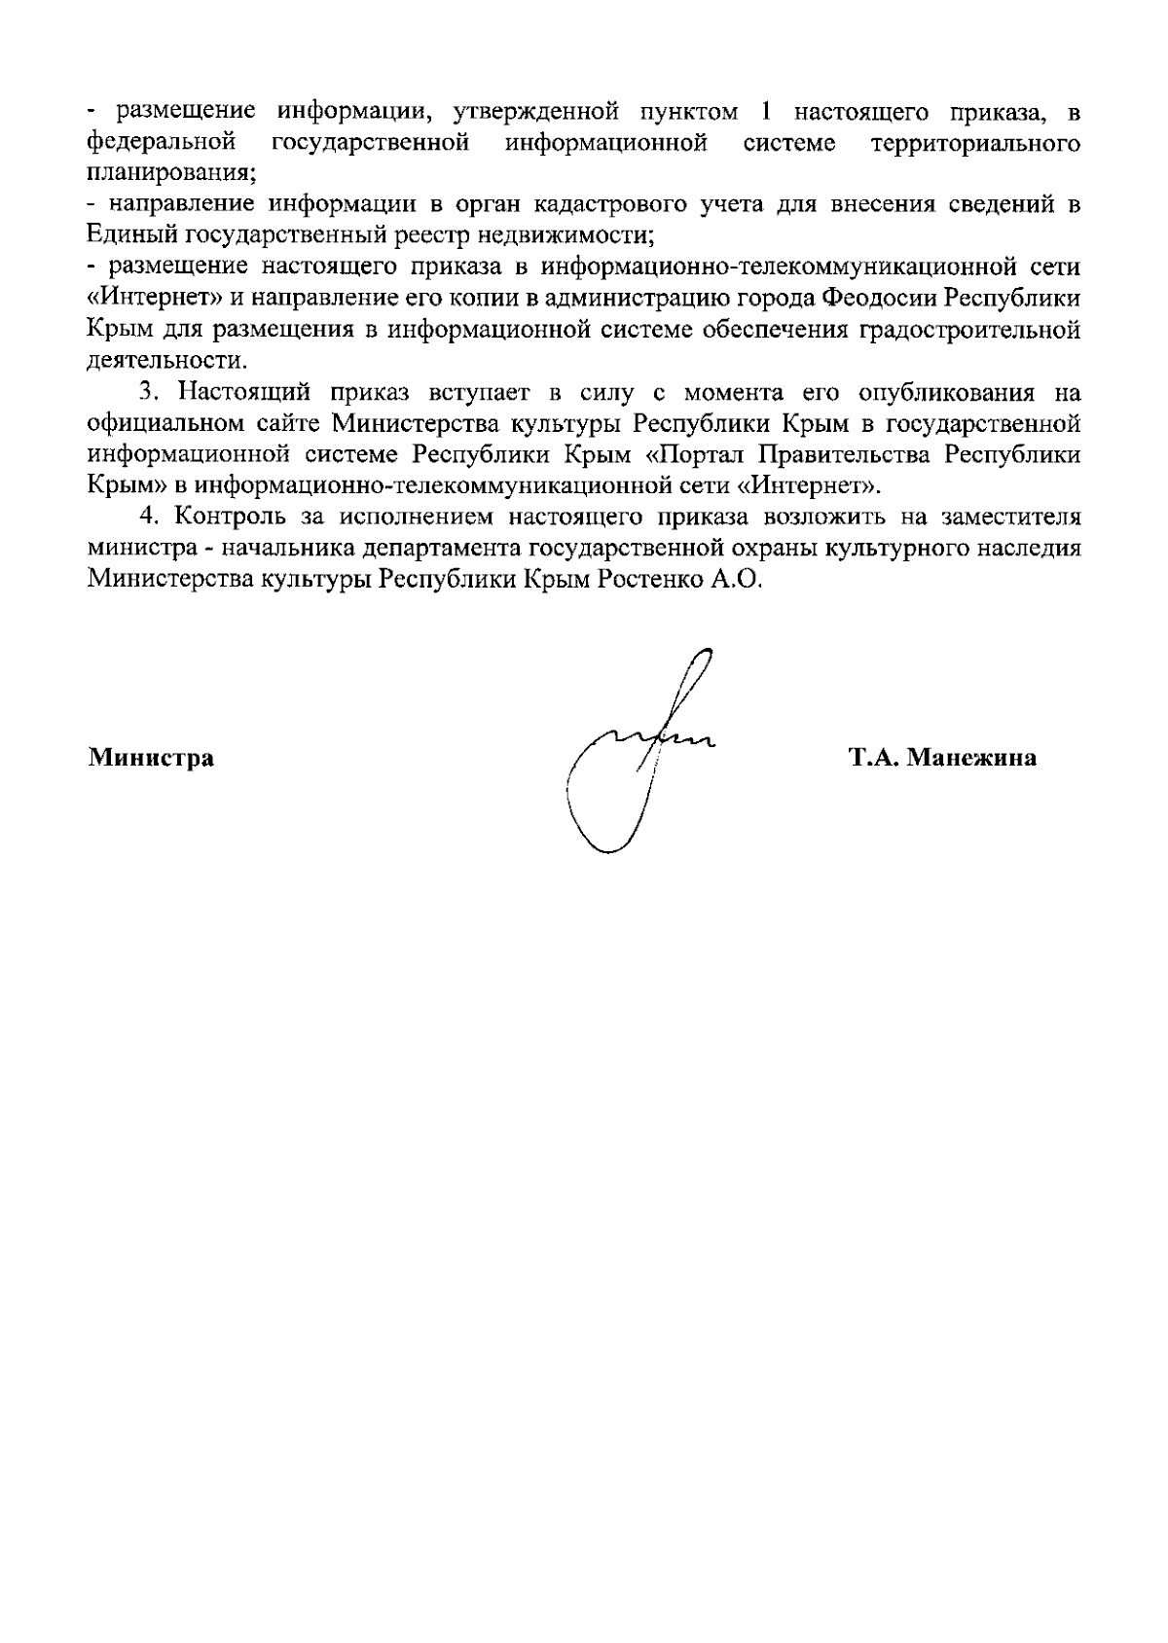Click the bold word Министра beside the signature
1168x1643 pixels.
click(151, 758)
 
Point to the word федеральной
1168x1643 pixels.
click(161, 144)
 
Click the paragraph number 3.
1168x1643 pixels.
click(147, 392)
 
